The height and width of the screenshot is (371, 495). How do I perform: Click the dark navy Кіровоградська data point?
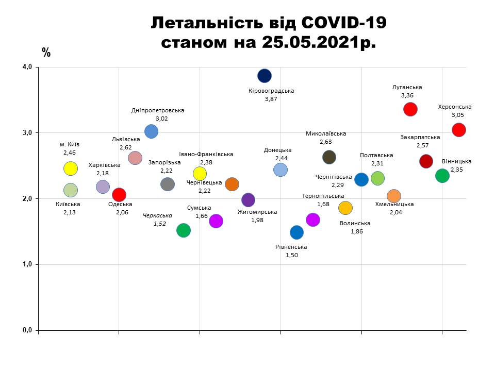point(265,76)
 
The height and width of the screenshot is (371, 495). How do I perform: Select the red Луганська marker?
point(410,109)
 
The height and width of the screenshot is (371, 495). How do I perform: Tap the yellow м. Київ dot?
point(71,168)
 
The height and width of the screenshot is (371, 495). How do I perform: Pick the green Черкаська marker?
point(184,230)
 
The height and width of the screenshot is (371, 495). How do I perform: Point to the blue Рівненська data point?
point(296,232)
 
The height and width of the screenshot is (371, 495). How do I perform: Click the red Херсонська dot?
point(459,130)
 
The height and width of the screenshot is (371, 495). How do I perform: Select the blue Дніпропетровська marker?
point(151,131)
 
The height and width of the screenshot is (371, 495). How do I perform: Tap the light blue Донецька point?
point(280,170)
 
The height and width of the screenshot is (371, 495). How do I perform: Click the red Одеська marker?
point(119,194)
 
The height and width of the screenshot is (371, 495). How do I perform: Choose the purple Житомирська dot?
point(249,200)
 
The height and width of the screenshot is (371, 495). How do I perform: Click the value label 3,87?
point(271,99)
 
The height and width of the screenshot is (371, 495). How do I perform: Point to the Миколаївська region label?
point(326,133)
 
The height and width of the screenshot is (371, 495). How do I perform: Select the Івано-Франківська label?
point(206,154)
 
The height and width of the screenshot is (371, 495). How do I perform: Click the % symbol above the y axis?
point(46,52)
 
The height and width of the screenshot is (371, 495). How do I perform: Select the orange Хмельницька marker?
point(394,196)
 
